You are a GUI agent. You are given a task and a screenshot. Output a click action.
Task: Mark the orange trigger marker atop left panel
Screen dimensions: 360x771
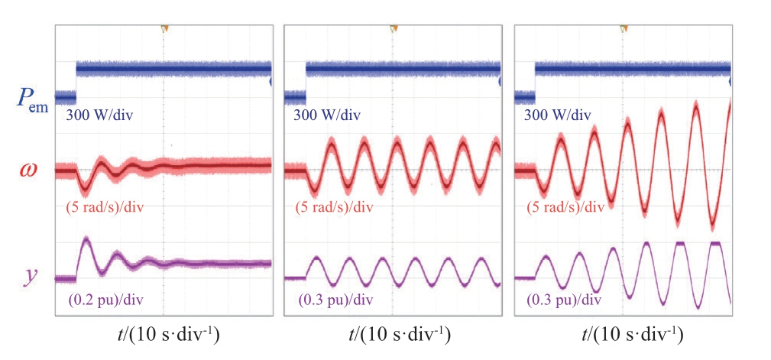164,28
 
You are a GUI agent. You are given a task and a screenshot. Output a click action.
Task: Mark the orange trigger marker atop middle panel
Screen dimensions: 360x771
394,28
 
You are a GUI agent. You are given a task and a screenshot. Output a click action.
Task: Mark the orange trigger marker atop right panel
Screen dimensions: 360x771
624,28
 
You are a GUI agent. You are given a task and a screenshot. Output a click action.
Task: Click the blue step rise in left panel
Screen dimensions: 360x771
76,83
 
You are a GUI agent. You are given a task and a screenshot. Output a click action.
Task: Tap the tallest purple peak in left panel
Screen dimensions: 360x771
86,241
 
